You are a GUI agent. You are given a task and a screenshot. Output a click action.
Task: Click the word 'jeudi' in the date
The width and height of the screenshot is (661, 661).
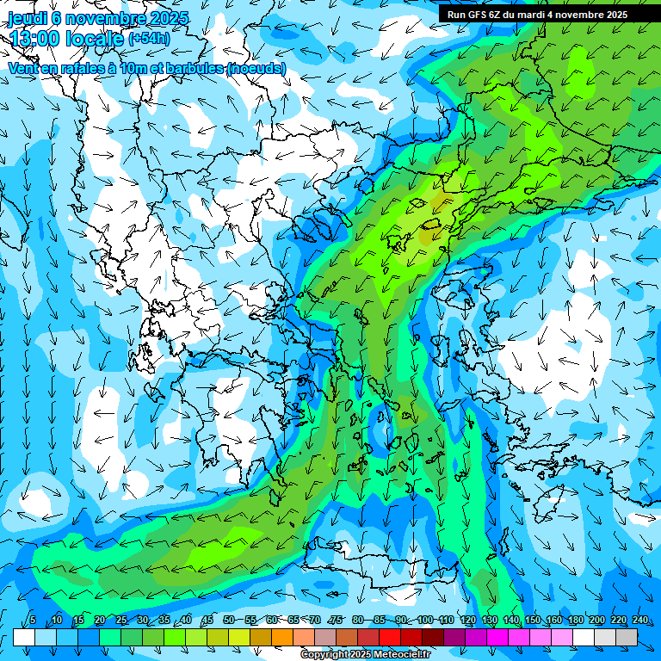point(27,18)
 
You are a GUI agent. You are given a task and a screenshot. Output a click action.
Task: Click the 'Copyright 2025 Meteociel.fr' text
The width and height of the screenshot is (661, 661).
point(365,655)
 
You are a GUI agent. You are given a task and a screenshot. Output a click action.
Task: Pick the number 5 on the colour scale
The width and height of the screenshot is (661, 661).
point(33,621)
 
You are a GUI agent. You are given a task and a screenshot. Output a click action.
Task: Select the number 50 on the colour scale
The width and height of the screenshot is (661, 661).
point(229,621)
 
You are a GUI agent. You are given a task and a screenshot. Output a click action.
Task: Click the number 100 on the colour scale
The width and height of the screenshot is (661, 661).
point(425,621)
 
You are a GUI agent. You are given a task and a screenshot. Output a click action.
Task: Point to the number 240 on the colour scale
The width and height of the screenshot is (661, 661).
point(639,621)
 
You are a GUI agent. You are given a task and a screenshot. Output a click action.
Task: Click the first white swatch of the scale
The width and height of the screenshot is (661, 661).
point(24,637)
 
